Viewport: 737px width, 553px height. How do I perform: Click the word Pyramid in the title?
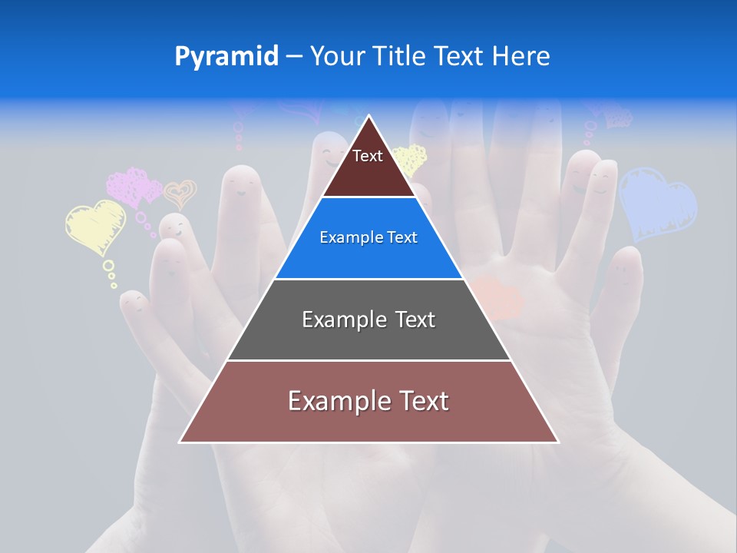(226, 57)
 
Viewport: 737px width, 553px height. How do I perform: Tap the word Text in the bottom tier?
(423, 401)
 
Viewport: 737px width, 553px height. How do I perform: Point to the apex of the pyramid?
(369, 117)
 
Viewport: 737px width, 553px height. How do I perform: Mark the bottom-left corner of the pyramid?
(180, 442)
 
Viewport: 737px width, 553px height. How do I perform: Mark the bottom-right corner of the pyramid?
(558, 442)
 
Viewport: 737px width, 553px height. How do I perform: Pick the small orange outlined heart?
(180, 194)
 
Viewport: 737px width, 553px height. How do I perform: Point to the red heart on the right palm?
(497, 298)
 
